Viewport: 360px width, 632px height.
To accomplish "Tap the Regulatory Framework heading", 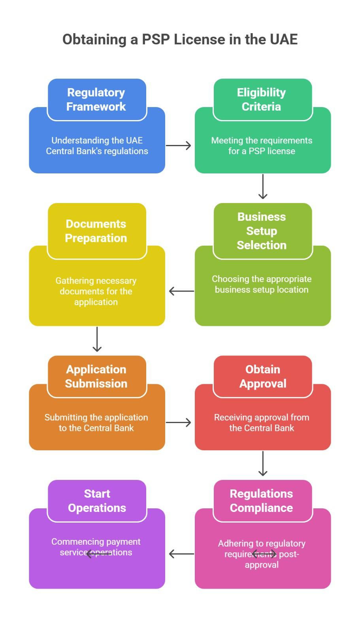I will [96, 100].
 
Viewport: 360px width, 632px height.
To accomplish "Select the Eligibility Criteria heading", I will [262, 100].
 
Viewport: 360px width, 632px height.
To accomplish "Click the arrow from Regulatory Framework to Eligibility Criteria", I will [178, 146].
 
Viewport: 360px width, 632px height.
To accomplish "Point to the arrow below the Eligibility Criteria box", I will [263, 186].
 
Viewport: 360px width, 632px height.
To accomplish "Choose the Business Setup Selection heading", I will [262, 231].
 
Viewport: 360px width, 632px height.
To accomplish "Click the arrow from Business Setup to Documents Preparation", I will [181, 291].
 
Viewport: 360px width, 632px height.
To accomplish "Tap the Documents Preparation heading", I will [96, 231].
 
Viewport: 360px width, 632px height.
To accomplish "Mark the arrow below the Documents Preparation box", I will [97, 339].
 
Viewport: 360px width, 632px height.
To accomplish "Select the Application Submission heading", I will [96, 376].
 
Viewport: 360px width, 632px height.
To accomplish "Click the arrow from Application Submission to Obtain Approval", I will [178, 423].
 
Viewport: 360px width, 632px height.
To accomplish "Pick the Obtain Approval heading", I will [263, 376].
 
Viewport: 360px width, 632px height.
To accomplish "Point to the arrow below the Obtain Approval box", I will [263, 464].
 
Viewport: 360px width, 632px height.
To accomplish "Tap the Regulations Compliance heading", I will [262, 501].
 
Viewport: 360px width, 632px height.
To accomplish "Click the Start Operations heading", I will [97, 501].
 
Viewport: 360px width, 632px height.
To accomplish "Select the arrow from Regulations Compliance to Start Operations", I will [181, 554].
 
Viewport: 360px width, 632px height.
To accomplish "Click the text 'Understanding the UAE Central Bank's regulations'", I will [97, 146].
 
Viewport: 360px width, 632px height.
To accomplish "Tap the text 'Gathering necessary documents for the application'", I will [96, 292].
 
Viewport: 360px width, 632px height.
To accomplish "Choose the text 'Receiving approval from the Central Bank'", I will [262, 423].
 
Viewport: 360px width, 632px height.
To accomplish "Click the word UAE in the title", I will [284, 39].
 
